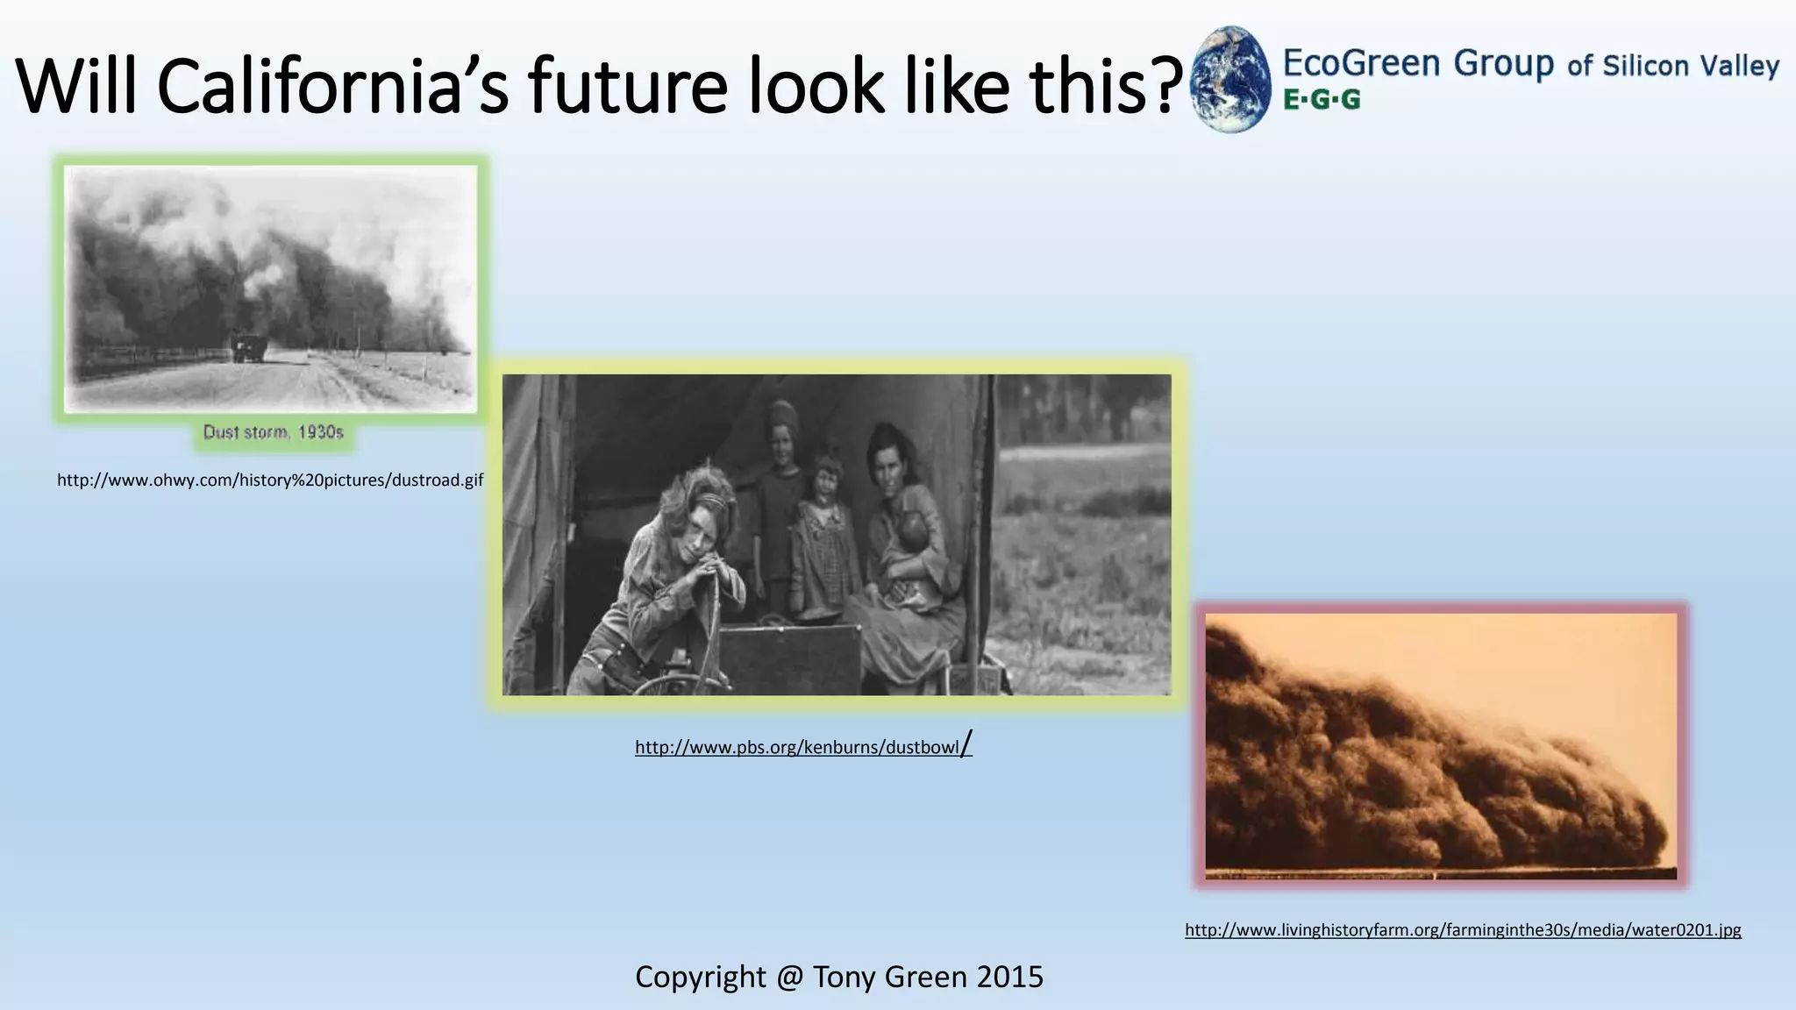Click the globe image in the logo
(1231, 79)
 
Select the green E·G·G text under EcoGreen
(1322, 100)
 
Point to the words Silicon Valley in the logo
(1691, 67)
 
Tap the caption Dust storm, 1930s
(273, 432)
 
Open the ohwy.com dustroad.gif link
(270, 480)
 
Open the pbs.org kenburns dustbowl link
(798, 747)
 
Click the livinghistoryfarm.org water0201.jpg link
(1463, 930)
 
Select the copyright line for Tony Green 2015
(839, 977)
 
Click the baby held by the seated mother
(912, 535)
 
